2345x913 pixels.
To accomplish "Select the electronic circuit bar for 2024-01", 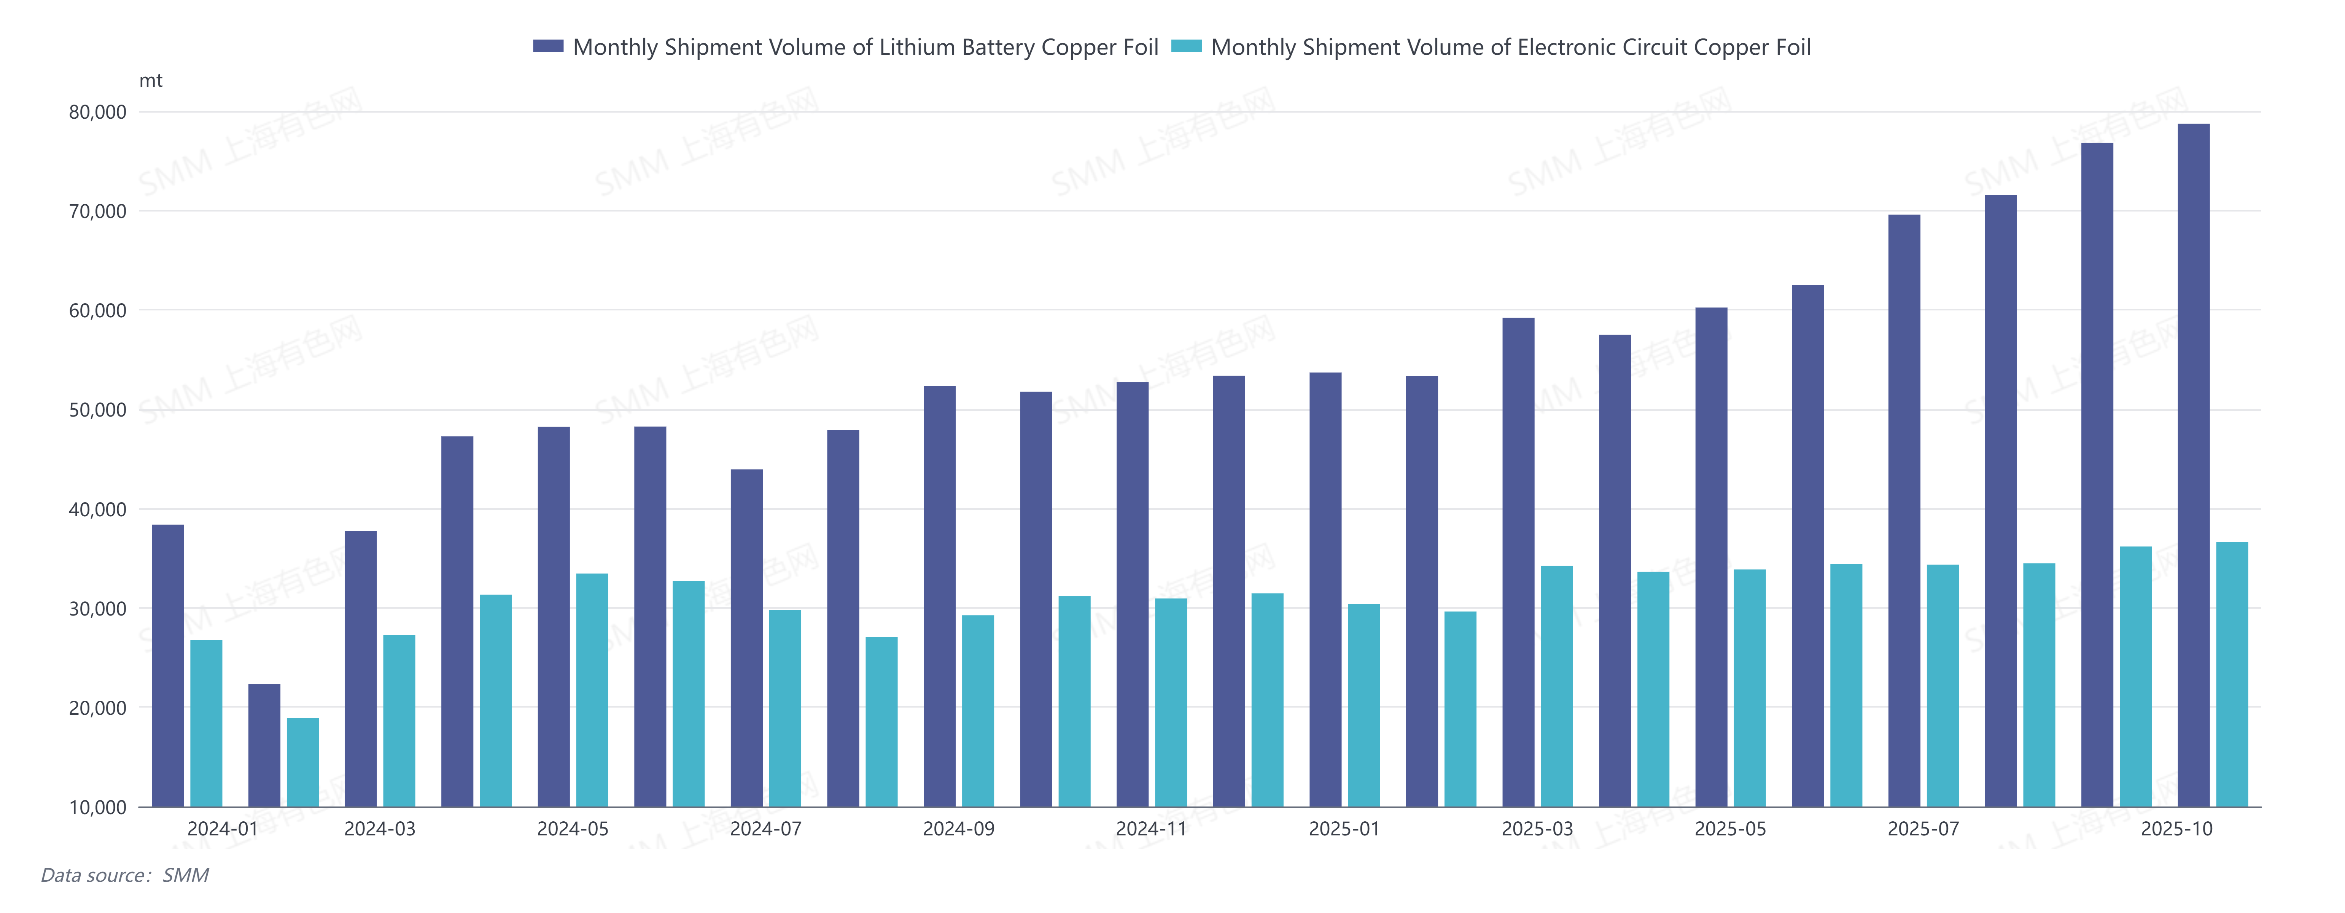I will [206, 724].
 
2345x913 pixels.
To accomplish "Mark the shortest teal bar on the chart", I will [302, 763].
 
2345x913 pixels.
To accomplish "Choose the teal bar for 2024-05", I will [592, 690].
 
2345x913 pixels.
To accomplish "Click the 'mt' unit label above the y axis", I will [150, 81].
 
